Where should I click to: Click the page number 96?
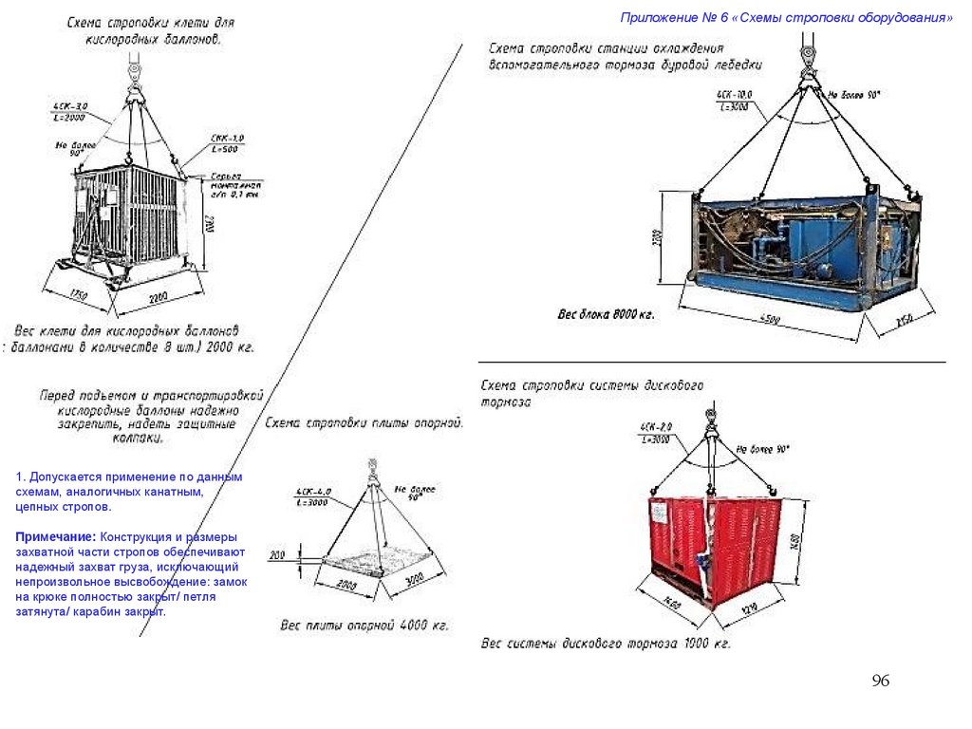point(880,682)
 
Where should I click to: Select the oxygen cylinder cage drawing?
point(133,220)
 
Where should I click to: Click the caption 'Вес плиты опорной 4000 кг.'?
point(364,626)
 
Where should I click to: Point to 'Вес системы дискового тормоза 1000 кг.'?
point(606,645)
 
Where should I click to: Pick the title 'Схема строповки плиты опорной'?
point(364,424)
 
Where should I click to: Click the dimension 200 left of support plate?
point(277,554)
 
